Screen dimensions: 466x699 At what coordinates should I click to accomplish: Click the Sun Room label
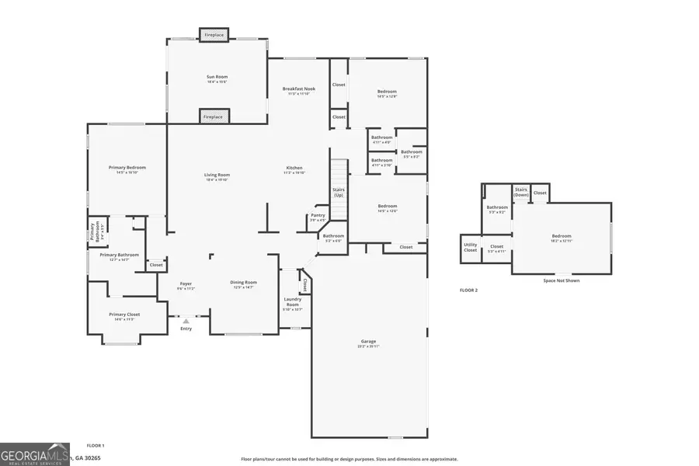pos(217,77)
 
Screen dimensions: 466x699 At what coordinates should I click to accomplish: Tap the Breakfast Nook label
pos(299,89)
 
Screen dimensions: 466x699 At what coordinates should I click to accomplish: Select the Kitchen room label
pos(294,168)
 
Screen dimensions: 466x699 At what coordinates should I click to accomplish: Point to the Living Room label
pos(217,175)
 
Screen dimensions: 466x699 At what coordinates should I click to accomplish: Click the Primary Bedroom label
pos(127,168)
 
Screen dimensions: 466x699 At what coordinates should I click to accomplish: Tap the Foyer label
pos(186,283)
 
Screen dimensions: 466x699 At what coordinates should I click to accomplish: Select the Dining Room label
pos(243,282)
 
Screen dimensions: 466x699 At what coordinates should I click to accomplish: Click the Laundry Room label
pos(293,301)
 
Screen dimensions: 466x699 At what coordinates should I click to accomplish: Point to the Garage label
pos(368,341)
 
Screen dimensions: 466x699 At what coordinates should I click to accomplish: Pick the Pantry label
pos(318,215)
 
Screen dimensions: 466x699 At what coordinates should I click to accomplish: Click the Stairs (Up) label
pos(339,192)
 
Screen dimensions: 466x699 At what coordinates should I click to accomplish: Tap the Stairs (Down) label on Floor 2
pos(521,191)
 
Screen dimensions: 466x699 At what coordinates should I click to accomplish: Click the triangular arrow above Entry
pos(186,320)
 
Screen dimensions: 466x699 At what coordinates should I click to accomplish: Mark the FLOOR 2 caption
pos(468,290)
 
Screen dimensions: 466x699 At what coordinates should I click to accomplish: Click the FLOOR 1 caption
pos(95,445)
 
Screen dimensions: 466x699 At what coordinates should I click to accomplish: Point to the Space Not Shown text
pos(561,280)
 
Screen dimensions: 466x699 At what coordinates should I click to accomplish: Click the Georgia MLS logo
pos(36,454)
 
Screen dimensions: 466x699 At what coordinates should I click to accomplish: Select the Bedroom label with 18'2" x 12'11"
pos(562,236)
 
